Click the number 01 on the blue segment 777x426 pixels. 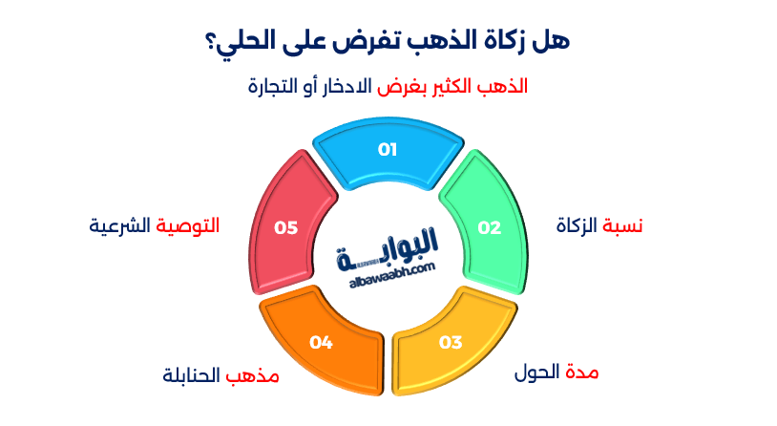388,149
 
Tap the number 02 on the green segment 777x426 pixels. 489,227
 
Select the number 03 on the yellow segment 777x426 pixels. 451,342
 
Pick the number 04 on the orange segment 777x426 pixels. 321,342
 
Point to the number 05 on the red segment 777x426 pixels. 285,227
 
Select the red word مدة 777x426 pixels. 583,372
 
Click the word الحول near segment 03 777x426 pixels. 537,372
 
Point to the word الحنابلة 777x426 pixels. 192,375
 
